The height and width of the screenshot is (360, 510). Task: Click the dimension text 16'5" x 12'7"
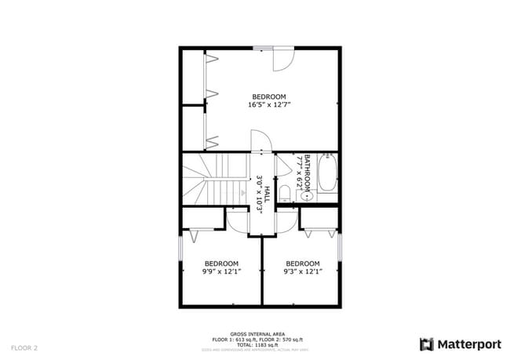[269, 105]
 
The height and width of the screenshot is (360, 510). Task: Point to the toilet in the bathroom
[286, 192]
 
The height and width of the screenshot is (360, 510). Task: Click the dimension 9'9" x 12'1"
[221, 271]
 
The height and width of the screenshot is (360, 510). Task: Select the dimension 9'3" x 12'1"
[302, 271]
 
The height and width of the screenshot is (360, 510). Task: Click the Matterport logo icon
[427, 344]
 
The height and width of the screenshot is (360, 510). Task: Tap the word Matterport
[468, 344]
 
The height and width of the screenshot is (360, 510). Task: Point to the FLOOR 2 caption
[24, 347]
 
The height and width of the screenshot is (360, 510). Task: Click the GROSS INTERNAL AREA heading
[256, 333]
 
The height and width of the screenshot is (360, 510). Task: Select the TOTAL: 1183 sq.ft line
[256, 344]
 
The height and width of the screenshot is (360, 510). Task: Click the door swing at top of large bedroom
[282, 59]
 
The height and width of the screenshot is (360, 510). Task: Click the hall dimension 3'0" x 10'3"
[259, 192]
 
